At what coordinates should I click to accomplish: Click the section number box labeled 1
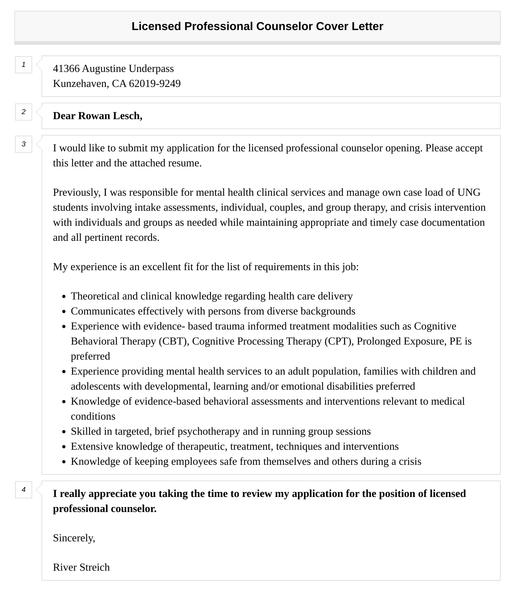pos(24,65)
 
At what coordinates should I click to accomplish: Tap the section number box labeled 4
pos(24,490)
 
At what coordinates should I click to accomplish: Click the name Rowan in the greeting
pos(94,116)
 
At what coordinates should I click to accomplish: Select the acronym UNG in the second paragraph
pos(469,192)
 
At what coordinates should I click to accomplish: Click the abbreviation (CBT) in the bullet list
pos(173,341)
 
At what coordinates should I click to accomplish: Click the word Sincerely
pos(74,538)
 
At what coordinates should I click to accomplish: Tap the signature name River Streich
pos(81,567)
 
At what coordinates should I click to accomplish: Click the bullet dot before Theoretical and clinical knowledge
pos(64,297)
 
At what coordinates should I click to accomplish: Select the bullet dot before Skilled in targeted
pos(64,432)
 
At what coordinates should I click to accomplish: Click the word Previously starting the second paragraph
pos(77,192)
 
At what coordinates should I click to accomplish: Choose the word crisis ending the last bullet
pos(410,461)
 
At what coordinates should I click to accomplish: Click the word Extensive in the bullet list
pos(92,446)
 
